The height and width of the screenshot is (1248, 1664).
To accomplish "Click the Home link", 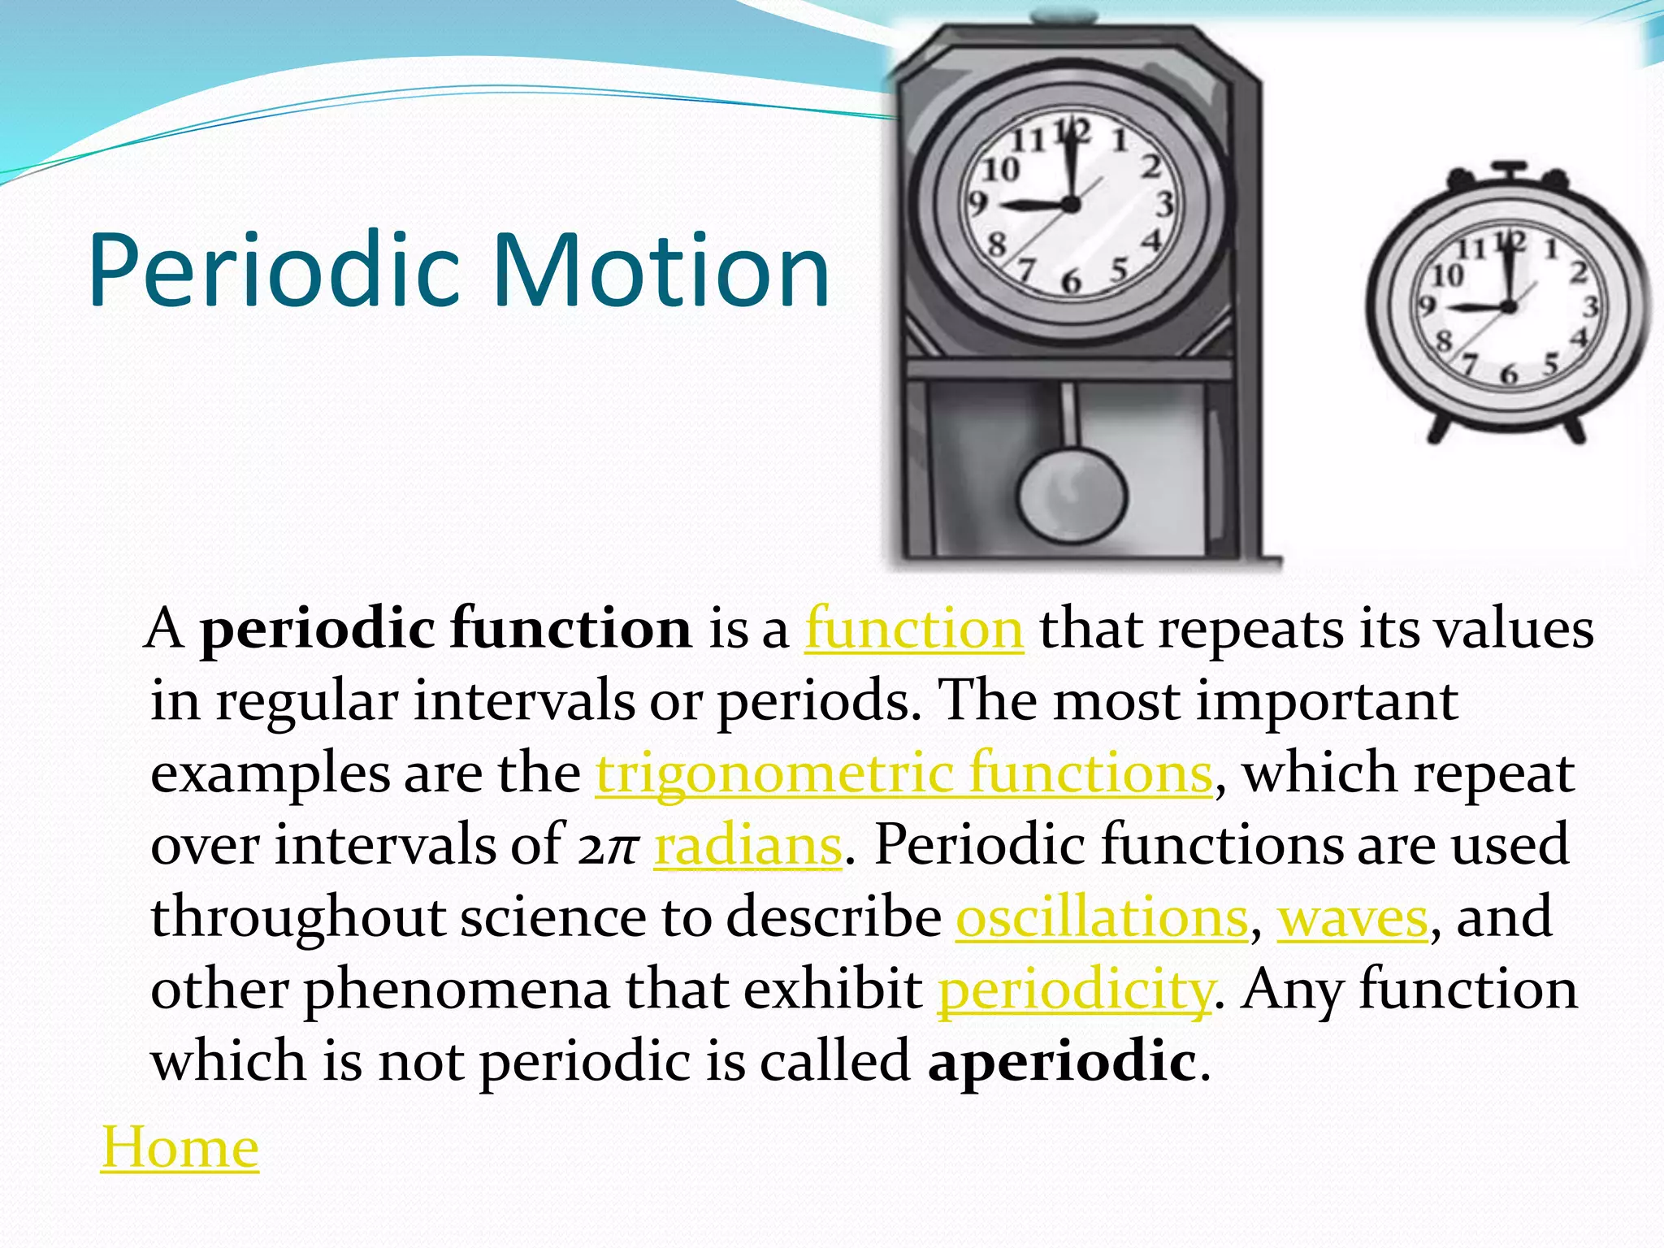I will (180, 1147).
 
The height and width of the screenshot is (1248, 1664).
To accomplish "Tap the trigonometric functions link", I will (903, 773).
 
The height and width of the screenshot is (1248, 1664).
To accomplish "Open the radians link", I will (747, 845).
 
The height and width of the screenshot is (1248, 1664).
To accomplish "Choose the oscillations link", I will (1101, 917).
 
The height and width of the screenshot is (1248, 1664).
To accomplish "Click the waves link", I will (1352, 917).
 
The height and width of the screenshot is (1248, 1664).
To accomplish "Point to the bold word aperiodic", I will (1062, 1061).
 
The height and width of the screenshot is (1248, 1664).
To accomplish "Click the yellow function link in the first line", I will (914, 629).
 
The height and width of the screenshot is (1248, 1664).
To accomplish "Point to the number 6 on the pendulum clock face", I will (1072, 282).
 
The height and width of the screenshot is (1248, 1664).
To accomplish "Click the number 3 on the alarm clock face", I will (1590, 306).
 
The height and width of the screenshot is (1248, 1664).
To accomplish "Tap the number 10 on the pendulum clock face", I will (1000, 171).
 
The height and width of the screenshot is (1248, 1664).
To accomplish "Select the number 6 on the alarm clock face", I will (1509, 375).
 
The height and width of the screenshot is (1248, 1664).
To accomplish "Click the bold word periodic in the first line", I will (317, 629).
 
